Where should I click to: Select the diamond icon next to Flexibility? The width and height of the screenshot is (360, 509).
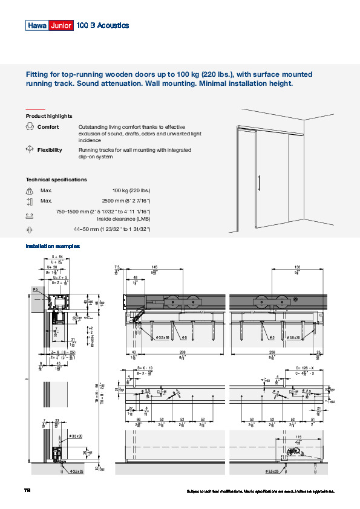tap(30, 149)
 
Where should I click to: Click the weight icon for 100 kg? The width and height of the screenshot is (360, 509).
tap(30, 191)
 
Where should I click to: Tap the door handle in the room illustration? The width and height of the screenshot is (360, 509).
tap(259, 183)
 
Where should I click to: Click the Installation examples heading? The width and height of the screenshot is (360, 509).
tap(52, 246)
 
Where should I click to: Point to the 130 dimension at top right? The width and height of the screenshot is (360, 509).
tap(297, 267)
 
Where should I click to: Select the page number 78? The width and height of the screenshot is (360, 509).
tap(27, 490)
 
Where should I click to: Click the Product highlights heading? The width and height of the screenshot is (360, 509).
tap(49, 116)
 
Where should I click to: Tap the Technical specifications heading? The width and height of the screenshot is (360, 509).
tap(56, 180)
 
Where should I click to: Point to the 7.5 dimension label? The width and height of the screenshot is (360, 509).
tap(117, 267)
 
